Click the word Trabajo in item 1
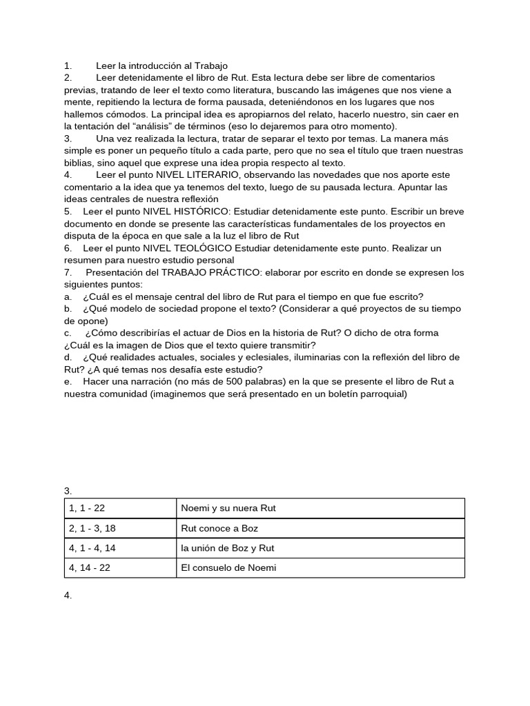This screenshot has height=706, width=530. tap(210, 65)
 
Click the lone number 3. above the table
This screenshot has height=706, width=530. tap(68, 491)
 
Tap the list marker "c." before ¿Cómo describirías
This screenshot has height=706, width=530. tap(68, 333)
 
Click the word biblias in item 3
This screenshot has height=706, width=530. tap(79, 163)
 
